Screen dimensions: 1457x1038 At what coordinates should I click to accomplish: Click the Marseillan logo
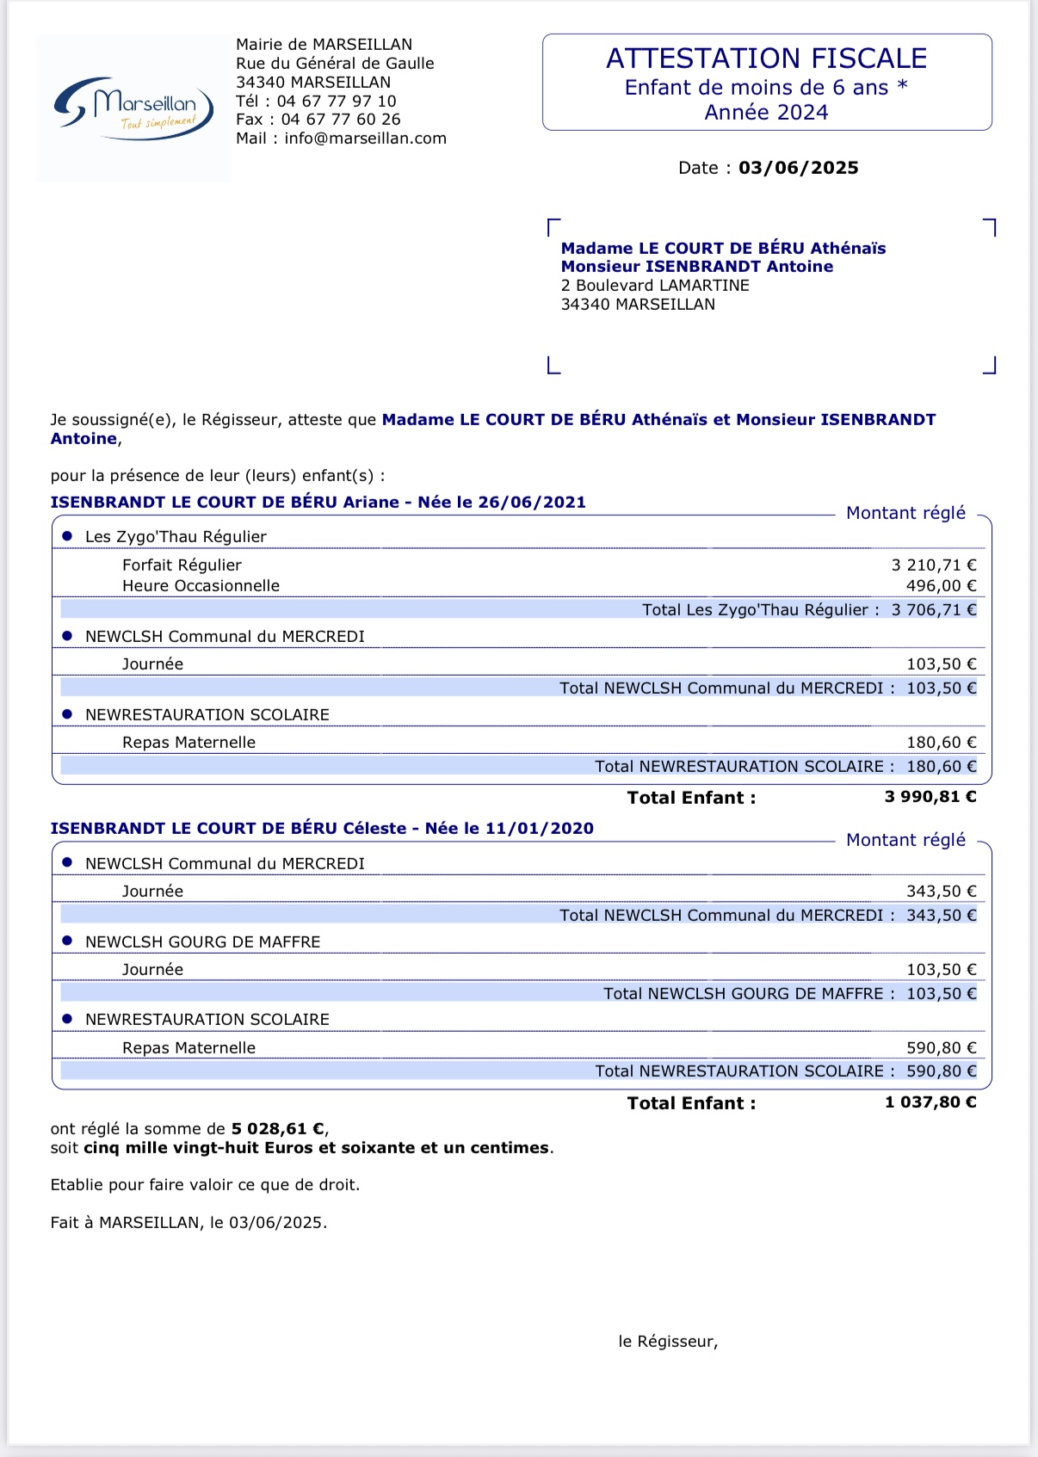133,108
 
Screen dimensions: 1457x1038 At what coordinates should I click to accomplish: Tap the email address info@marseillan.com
365,139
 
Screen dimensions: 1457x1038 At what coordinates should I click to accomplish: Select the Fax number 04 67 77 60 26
341,120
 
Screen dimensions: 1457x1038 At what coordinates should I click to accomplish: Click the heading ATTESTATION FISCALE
766,59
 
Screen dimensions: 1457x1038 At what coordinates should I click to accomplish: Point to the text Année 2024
766,113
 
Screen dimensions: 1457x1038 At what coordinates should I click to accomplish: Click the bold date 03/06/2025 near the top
798,168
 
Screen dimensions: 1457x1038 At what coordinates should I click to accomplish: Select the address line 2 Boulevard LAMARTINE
655,286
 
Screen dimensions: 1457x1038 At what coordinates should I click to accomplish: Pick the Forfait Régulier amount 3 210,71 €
933,565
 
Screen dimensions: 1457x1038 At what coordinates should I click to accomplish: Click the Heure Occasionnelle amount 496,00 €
941,586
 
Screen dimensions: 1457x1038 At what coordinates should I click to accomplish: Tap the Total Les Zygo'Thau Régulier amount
933,610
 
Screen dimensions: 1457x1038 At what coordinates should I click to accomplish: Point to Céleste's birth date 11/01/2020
540,829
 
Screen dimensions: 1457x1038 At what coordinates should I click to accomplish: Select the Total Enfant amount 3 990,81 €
930,797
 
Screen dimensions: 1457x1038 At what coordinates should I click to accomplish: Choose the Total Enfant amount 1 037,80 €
930,1102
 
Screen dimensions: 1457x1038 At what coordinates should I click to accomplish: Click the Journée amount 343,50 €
941,892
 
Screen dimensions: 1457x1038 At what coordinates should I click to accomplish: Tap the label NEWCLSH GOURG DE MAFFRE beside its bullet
202,942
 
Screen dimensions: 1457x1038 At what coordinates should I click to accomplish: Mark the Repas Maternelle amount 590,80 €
941,1048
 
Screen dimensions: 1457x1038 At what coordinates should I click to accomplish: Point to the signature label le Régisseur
668,1342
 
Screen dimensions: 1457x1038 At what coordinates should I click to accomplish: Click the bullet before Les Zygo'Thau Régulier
67,536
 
